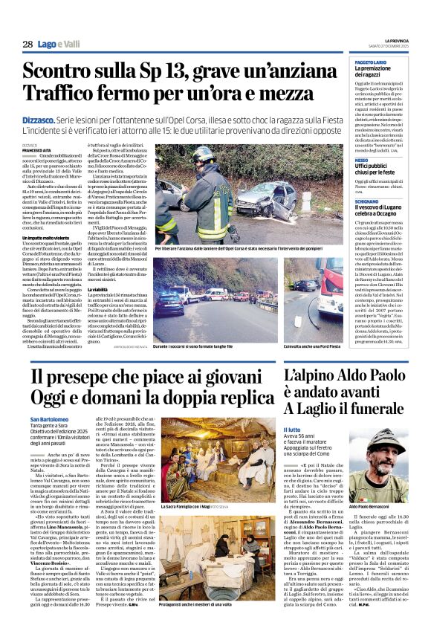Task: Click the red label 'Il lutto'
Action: [292, 429]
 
